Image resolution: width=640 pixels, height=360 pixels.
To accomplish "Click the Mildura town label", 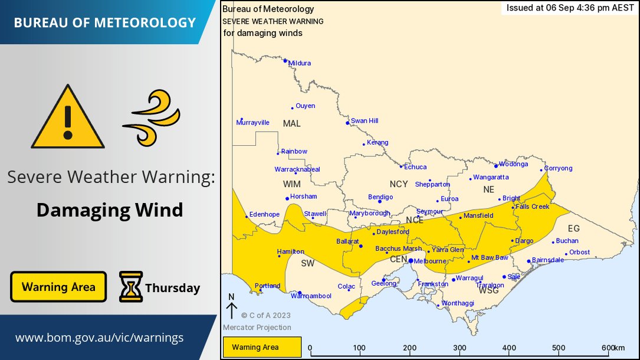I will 299,63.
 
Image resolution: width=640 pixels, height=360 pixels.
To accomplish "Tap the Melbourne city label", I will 430,261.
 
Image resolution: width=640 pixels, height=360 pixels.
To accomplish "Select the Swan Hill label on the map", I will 364,121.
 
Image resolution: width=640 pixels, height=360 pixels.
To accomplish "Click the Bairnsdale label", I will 548,260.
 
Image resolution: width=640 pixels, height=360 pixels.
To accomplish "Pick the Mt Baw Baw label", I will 490,258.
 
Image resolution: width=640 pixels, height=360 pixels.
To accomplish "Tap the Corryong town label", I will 558,168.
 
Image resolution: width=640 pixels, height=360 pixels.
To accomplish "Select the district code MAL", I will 291,123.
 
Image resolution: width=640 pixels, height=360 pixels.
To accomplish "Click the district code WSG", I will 489,290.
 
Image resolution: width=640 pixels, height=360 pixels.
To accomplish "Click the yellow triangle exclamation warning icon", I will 68,119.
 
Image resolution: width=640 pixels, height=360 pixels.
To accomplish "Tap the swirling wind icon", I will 151,117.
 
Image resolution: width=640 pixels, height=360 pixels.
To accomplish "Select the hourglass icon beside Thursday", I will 130,287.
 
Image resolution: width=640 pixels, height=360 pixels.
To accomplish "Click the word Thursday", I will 172,288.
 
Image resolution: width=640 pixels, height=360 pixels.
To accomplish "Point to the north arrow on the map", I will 231,307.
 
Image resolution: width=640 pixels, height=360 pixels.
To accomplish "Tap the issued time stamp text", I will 570,8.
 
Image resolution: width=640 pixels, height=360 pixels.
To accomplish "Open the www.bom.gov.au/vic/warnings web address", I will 99,338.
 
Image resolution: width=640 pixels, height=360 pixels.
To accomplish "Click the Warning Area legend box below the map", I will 262,347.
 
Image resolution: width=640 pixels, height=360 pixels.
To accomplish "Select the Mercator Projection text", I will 257,328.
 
